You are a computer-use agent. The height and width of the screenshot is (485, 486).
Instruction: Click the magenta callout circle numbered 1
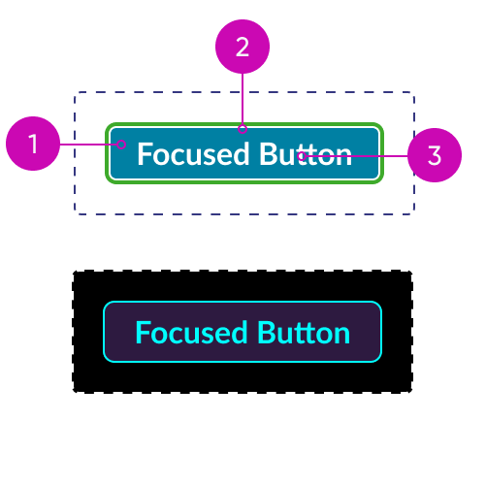pos(33,144)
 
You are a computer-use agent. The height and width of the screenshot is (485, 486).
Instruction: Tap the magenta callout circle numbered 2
pos(243,47)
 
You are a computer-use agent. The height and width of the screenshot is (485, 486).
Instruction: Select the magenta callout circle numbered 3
pos(435,155)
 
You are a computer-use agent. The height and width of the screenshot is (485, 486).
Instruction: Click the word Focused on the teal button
pos(193,154)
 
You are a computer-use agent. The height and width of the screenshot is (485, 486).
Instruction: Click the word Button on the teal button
pos(306,154)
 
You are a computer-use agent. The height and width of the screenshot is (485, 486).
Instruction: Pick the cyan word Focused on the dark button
pos(191,333)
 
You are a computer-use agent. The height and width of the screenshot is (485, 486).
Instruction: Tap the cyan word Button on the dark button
pos(304,333)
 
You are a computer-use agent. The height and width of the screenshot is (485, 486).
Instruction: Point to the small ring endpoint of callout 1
pos(121,145)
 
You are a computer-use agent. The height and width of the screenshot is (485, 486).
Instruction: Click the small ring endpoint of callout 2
pos(243,129)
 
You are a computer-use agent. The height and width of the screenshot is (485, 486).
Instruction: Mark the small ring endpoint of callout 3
pos(302,156)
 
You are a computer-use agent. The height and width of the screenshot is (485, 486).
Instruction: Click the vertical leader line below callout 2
pos(243,99)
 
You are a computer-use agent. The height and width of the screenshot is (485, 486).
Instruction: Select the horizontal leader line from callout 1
pos(88,145)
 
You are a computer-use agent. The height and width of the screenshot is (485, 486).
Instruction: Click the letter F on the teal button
pos(145,154)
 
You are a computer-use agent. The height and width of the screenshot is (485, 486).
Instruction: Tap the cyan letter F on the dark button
pos(143,333)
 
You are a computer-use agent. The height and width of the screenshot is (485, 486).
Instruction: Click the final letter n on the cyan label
pos(342,335)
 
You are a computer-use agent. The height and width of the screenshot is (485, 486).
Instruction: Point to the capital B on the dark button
pos(266,333)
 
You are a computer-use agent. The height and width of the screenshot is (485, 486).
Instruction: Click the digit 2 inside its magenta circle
pos(243,48)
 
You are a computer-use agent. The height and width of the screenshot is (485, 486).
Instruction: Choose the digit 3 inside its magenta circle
pos(435,155)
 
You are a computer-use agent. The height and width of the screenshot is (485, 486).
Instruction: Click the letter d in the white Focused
pos(242,154)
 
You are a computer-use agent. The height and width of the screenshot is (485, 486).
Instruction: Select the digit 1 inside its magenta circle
pos(33,144)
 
